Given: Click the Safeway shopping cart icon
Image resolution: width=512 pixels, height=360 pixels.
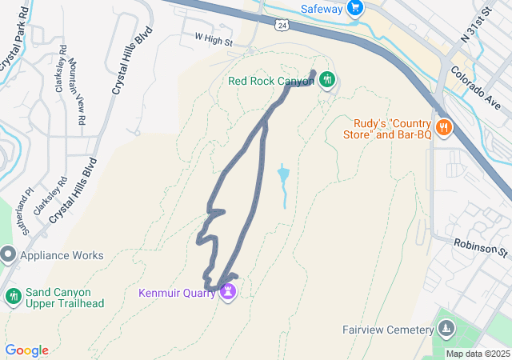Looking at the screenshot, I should coord(355,9).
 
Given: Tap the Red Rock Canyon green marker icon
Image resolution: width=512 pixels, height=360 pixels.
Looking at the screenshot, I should coord(327,80).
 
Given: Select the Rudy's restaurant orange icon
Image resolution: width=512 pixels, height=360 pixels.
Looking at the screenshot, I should coord(443,127).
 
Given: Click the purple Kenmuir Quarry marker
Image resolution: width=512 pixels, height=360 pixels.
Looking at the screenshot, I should coord(229,290).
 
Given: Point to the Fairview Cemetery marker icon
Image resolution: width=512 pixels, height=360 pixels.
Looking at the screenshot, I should coord(446,329).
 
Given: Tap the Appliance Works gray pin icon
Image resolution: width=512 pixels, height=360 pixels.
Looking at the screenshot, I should coord(9,255).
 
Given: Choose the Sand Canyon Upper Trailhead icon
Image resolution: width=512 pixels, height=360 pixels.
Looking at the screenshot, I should coord(12,297).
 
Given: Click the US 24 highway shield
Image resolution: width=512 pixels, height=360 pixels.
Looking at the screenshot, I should coord(282,26).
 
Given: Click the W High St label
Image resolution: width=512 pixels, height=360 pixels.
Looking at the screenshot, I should coord(214,38).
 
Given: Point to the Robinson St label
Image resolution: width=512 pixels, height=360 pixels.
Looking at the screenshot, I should coord(482,247).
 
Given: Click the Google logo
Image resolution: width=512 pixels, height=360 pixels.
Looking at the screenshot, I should coord(26,350).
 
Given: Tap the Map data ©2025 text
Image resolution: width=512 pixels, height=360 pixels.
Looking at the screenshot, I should coord(477,354).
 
